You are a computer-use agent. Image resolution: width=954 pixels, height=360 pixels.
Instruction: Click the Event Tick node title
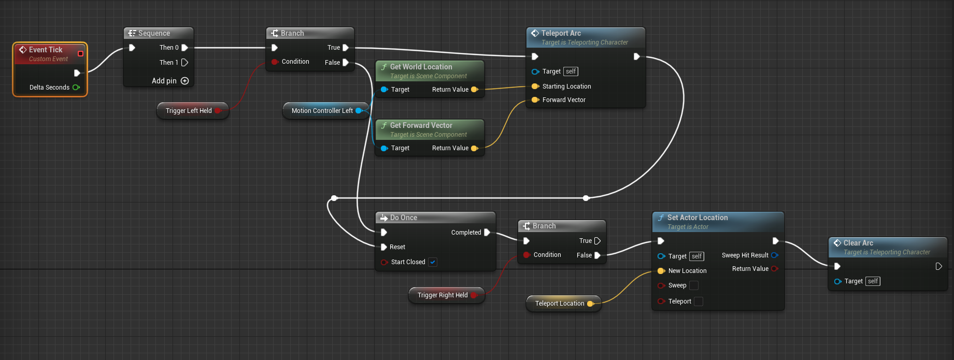tap(46, 50)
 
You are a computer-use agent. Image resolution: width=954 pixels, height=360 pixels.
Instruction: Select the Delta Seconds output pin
tap(76, 88)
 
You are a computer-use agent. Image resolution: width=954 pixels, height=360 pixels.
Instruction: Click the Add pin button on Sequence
tap(184, 81)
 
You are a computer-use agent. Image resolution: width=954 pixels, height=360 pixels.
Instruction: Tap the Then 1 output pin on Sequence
tap(184, 63)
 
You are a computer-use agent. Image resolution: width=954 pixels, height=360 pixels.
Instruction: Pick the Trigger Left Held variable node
tap(189, 111)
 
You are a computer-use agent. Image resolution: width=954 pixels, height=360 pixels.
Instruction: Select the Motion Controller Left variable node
tap(322, 111)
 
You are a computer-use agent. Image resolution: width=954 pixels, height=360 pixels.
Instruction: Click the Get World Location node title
tap(421, 67)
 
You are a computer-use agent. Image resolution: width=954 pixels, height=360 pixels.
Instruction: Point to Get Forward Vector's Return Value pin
tap(474, 148)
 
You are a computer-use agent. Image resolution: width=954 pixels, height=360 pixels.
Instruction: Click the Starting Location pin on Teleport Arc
tap(535, 87)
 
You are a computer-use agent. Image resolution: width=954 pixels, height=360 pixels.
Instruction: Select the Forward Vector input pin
tap(535, 100)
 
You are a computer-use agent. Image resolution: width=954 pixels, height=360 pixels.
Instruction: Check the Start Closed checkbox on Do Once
tap(433, 262)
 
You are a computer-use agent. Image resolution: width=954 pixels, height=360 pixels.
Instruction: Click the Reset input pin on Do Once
tap(384, 247)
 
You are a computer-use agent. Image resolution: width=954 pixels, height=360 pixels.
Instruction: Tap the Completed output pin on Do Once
tap(487, 233)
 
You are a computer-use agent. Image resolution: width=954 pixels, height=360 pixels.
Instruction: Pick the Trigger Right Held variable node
tap(443, 295)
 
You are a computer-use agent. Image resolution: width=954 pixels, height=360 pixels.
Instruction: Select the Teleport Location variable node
tap(560, 304)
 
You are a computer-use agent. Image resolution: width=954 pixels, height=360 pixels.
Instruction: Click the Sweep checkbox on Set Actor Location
tap(694, 285)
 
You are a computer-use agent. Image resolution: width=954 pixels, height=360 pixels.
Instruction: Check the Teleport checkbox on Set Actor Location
tap(699, 301)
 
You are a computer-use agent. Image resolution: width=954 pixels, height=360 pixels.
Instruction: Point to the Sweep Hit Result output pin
tap(774, 255)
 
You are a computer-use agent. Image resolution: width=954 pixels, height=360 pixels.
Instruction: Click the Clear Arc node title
tap(858, 243)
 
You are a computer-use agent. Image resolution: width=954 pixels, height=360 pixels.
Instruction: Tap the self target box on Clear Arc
tap(873, 281)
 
